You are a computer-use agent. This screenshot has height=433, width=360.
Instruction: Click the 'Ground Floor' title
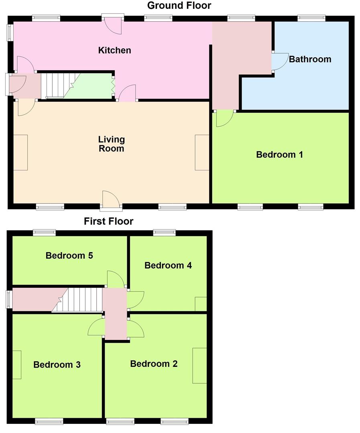pos(179,6)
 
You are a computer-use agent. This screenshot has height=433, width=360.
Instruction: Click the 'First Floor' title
pos(108,221)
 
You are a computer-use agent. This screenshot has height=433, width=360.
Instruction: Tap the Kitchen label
pos(115,51)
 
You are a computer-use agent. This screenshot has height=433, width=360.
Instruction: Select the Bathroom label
pos(310,59)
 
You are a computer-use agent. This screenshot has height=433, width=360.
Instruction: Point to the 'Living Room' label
pos(112,144)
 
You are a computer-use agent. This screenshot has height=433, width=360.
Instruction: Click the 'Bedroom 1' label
pos(279,155)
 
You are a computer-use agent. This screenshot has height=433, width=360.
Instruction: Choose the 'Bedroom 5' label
pos(69,255)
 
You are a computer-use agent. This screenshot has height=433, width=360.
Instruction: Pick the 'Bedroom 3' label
pos(57,365)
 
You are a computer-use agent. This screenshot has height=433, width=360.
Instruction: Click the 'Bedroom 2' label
pos(154,364)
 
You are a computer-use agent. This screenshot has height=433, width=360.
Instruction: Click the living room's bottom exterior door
pos(111,200)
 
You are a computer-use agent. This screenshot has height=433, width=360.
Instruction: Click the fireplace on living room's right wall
pos(202,153)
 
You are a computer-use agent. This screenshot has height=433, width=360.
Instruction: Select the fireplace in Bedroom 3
pos(17,364)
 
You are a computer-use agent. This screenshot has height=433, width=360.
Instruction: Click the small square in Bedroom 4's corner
pos(201,304)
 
